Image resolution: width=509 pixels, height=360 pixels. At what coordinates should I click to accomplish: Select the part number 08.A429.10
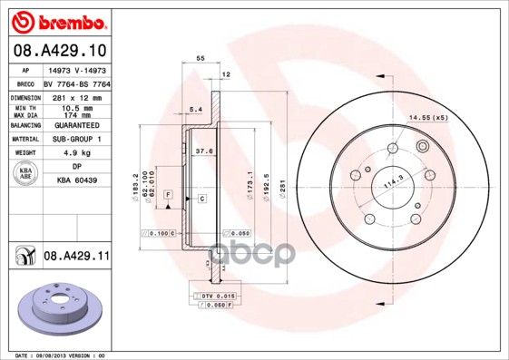coord(60,50)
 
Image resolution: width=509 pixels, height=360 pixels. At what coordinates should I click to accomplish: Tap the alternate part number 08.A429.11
coord(76,258)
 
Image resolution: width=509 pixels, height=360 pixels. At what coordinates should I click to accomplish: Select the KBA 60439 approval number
coord(76,180)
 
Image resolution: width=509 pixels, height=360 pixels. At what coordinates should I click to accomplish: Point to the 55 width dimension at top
coord(201,57)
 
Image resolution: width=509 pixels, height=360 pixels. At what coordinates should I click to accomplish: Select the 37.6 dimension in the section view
coord(204,151)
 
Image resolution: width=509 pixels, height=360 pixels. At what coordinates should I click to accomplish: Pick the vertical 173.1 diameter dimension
coord(250,186)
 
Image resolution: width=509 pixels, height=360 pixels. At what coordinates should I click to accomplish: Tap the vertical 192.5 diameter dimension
coord(266,186)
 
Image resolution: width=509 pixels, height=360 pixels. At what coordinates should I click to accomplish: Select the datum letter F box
coord(168,195)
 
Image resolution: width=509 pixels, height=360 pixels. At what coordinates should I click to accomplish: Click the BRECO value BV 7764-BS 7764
coord(76,83)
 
